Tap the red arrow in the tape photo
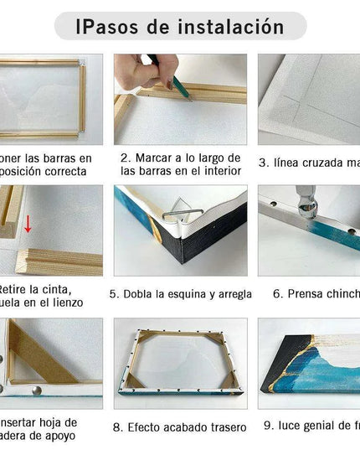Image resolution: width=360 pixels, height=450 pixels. (x=28, y=224)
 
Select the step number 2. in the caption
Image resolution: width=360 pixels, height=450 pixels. (x=126, y=158)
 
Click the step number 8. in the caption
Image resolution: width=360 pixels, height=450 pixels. (x=119, y=427)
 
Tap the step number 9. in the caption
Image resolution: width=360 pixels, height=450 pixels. (x=268, y=426)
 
